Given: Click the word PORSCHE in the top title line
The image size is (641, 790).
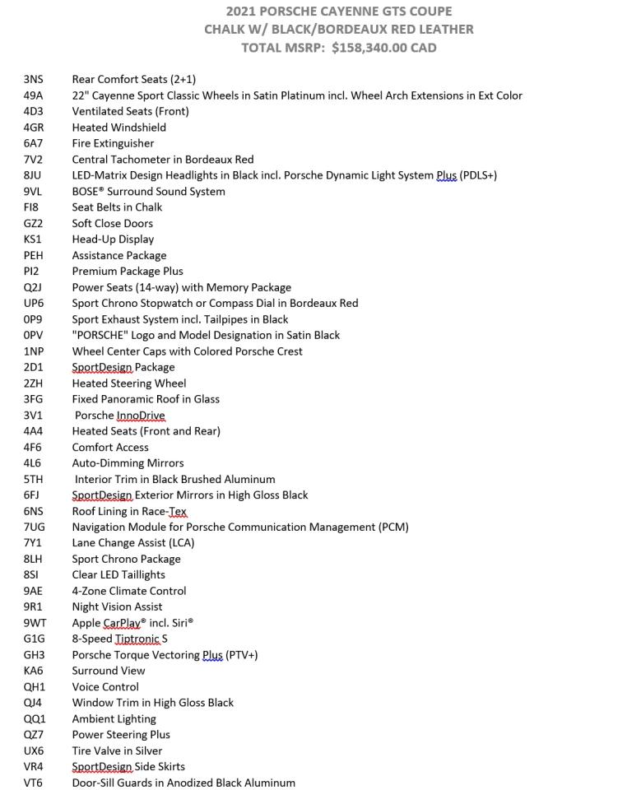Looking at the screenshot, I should [296, 12].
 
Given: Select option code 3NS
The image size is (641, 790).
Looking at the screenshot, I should [34, 80].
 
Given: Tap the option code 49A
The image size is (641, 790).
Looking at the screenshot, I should [34, 95].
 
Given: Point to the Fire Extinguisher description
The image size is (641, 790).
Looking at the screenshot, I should [113, 143].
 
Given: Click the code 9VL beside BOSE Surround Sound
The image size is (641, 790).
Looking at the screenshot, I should [34, 192].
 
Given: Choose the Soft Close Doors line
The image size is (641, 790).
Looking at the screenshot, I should [112, 224].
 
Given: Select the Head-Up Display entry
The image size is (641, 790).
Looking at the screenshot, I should [113, 239].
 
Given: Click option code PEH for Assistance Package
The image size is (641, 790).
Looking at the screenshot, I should [34, 256].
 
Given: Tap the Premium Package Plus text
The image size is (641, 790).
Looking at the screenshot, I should [128, 272].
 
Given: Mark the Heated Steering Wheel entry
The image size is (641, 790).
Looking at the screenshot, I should [129, 383].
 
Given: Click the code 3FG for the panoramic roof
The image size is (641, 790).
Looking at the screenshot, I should [34, 399].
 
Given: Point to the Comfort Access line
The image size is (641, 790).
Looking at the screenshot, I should [110, 448].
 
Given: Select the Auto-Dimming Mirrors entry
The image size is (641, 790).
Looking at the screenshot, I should [128, 463].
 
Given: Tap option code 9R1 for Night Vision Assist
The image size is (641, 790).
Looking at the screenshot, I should [34, 607].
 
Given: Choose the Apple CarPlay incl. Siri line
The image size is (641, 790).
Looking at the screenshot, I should [132, 623].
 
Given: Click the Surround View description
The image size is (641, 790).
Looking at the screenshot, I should [109, 671].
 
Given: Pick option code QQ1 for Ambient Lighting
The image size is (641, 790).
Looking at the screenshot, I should [35, 719].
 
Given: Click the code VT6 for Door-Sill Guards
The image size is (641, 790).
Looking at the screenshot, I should [34, 783].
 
